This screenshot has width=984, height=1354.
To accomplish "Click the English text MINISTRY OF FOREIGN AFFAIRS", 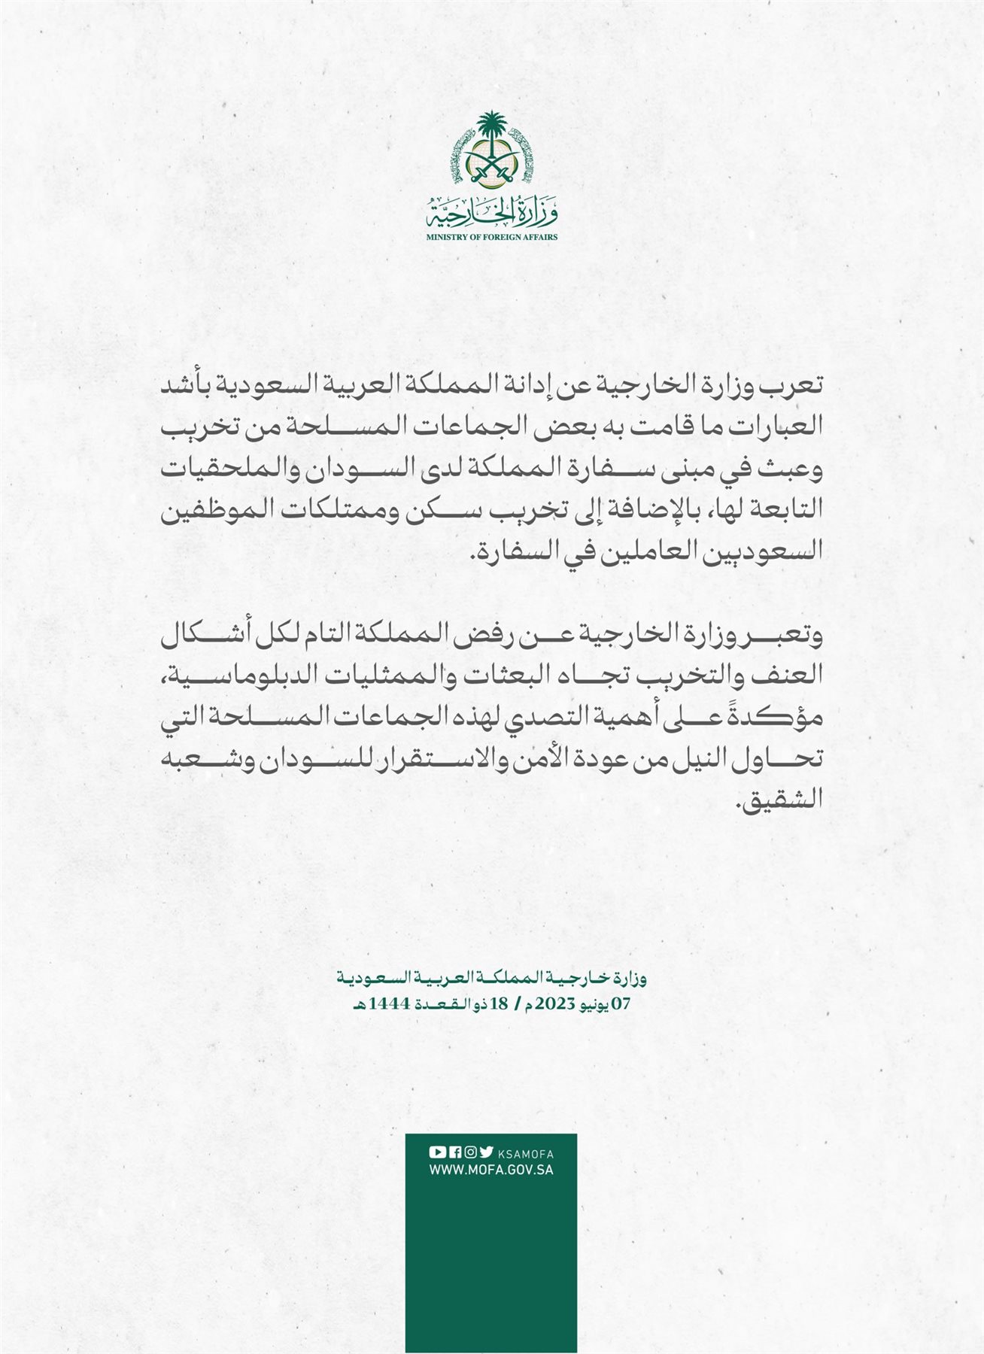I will tap(492, 237).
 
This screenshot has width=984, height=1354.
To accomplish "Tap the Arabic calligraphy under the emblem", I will tap(492, 212).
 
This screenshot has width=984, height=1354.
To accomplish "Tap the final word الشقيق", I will tap(782, 800).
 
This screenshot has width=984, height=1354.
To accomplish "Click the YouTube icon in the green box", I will tap(437, 1152).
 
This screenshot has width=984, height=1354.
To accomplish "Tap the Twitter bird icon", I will tap(487, 1152).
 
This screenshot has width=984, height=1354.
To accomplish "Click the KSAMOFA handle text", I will tap(527, 1153).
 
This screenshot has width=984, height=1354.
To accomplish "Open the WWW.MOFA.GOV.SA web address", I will tap(491, 1170).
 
